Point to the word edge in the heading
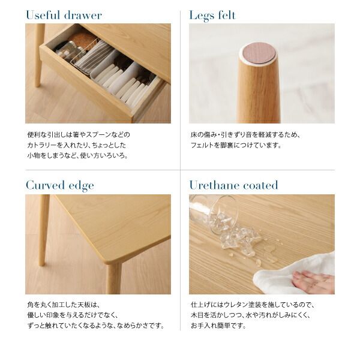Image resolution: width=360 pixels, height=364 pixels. tap(82, 186)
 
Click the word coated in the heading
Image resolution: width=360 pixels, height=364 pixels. tap(260, 185)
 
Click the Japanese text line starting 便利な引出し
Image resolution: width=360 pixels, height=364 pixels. tap(78, 134)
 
